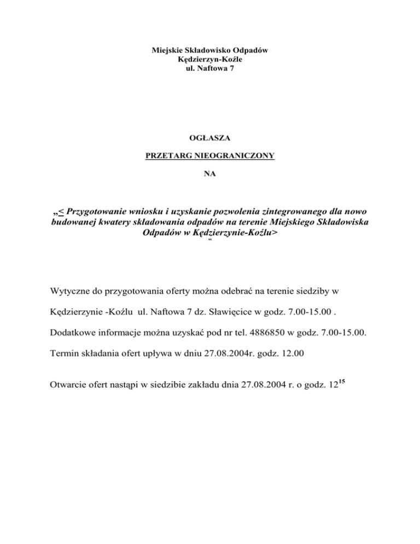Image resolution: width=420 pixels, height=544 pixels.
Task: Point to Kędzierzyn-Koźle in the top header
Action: (x=210, y=59)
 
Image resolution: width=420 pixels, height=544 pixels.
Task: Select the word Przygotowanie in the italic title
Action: (x=97, y=212)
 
